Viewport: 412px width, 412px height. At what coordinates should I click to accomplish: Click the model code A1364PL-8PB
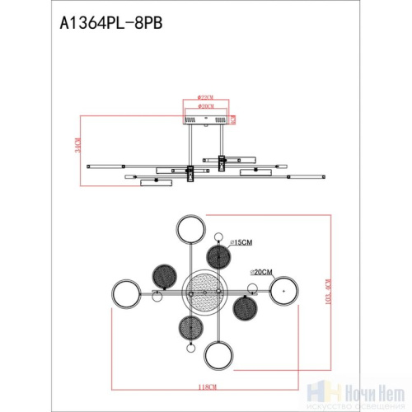click(110, 25)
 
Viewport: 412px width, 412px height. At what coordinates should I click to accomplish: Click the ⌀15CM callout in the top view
click(241, 241)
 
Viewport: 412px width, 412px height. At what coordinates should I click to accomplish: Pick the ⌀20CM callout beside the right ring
click(263, 271)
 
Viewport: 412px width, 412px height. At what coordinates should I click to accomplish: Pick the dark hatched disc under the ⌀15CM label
click(218, 258)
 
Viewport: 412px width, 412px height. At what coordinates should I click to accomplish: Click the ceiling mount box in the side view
click(206, 120)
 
